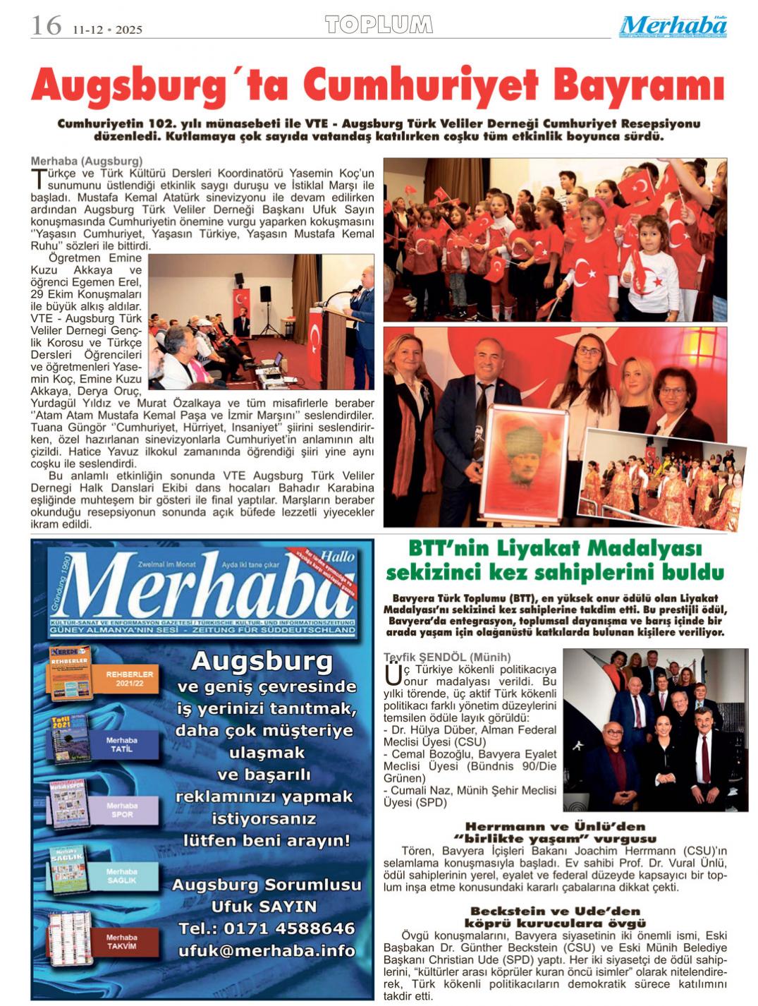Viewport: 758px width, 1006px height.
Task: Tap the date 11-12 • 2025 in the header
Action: coord(107,30)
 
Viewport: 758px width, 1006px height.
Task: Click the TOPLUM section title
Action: coord(379,25)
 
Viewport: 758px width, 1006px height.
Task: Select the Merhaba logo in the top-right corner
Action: coord(673,26)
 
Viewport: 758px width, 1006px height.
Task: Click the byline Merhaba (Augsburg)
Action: coord(87,161)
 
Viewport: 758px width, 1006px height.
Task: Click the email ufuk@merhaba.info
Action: coord(267,950)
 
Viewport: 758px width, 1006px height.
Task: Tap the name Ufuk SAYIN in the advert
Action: coord(264,907)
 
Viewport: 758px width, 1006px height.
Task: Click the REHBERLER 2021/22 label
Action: coord(130,679)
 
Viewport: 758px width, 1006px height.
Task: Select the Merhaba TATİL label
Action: coord(122,744)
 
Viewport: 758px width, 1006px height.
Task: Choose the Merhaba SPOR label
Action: coord(122,810)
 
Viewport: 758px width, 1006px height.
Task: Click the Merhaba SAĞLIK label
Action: coord(122,875)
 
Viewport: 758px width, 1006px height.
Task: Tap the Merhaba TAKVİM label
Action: coord(122,941)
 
